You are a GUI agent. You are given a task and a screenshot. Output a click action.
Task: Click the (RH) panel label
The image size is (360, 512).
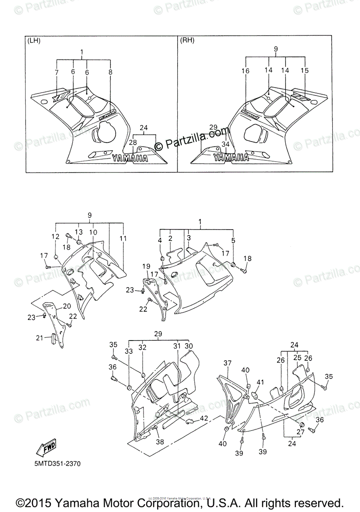(x=187, y=41)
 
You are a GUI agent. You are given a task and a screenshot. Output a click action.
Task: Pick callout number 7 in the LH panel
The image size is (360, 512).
(x=56, y=73)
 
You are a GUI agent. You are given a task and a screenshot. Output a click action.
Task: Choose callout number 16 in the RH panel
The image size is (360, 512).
(x=246, y=71)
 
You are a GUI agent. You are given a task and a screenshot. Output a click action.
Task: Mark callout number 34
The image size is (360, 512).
(x=225, y=144)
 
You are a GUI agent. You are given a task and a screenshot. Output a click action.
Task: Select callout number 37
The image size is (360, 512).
(x=227, y=363)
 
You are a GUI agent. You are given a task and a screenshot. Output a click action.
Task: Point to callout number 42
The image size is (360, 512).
(x=204, y=419)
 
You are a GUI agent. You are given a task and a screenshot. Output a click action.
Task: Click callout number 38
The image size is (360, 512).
(x=160, y=442)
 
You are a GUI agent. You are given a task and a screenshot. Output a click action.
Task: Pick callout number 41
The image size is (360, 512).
(x=260, y=382)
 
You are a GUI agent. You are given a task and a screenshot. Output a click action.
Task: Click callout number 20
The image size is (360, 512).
(x=67, y=306)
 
